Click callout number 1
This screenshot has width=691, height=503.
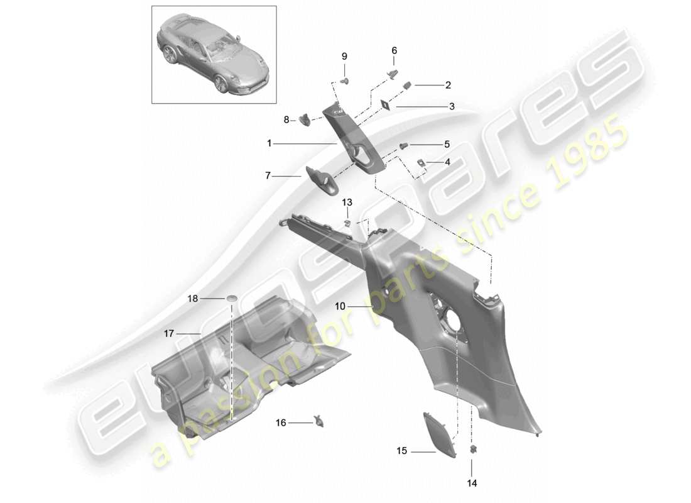click(269, 143)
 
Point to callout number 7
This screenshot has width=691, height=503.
click(267, 177)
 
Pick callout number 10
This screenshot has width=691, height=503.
click(340, 307)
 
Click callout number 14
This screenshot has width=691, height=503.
click(471, 484)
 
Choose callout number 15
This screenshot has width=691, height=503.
click(401, 451)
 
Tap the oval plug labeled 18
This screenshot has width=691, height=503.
click(232, 297)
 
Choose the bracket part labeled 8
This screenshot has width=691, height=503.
click(305, 118)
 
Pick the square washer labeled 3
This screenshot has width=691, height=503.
click(386, 106)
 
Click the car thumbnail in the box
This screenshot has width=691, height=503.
click(214, 55)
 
